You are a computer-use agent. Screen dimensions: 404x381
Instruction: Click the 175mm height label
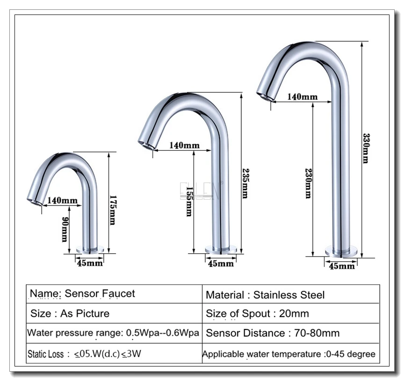[x=113, y=210]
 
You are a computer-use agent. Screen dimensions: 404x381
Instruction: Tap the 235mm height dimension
[x=245, y=183]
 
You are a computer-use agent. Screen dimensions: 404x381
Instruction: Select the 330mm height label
[x=366, y=148]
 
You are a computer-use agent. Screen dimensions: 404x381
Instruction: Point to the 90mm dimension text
[x=65, y=229]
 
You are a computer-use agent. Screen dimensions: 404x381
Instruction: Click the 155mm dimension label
[x=189, y=202]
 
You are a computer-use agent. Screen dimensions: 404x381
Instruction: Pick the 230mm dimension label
[x=309, y=183]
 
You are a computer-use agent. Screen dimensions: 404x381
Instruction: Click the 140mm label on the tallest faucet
[x=302, y=97]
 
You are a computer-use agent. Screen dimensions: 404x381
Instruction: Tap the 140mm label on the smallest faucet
[x=62, y=200]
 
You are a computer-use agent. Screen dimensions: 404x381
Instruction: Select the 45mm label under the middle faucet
[x=221, y=264]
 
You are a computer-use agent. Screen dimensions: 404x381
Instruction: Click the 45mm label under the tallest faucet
[x=342, y=266]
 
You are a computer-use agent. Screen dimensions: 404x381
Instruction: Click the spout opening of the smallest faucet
[x=35, y=201]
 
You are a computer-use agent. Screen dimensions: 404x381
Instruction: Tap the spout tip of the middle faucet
[x=146, y=145]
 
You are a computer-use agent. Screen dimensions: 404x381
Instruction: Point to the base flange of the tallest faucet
[x=341, y=251]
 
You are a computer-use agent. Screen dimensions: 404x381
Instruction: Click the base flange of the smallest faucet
[x=90, y=249]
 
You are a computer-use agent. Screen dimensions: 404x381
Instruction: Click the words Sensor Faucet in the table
[x=100, y=293]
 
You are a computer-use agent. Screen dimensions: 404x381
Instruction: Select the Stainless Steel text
[x=289, y=295]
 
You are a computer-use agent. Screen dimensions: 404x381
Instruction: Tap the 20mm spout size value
[x=294, y=314]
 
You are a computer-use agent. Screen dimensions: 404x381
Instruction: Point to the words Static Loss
[x=46, y=354]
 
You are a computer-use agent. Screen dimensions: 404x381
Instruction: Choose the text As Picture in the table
[x=85, y=314]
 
